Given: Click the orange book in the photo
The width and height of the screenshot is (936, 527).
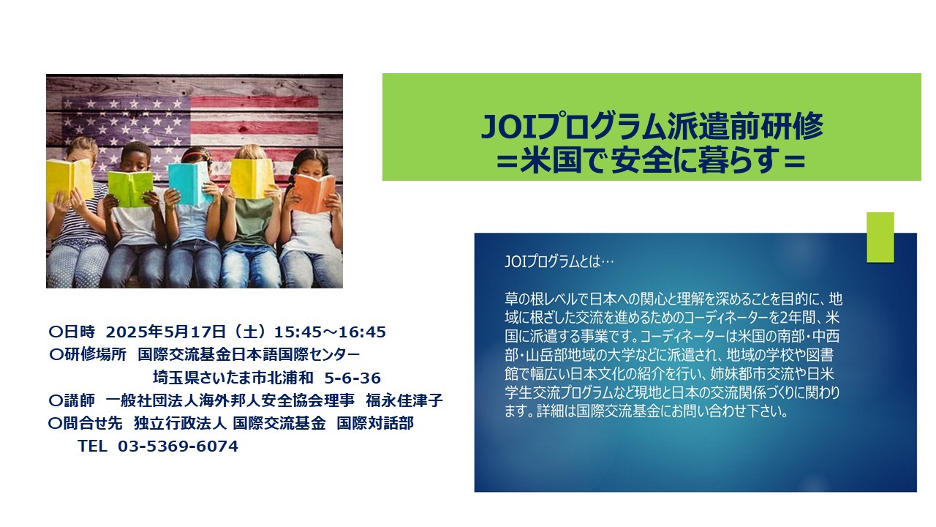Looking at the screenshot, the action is point(314,193).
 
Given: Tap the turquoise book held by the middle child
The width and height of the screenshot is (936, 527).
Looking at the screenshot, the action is point(189,183).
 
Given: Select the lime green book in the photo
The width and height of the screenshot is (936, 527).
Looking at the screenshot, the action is point(130,189).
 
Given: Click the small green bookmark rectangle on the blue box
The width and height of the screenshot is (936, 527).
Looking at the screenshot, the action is point(880,237).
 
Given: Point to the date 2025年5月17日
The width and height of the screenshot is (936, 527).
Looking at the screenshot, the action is point(166,332).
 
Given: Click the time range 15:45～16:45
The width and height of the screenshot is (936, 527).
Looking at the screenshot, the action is point(330,332).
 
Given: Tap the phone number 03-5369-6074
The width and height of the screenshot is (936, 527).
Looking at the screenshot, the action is point(178,446).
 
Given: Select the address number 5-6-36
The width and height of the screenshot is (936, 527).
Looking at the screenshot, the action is point(352,378).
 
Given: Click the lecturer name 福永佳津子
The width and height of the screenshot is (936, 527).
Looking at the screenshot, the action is point(404,400).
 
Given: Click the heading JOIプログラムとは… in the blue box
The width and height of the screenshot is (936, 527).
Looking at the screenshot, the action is point(559,262).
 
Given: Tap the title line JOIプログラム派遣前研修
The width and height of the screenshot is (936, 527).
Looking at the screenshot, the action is point(652,126).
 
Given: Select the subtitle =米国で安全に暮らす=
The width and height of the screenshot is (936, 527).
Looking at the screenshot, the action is point(651,160).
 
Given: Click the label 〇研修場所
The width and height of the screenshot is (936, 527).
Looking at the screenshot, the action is point(87,355).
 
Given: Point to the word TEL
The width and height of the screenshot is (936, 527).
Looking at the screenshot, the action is point(92,446).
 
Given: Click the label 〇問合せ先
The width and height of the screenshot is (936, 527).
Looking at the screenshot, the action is point(86,423).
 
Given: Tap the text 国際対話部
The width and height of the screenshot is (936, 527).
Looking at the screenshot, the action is point(375,423).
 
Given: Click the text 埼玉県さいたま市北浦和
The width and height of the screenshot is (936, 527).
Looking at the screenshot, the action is point(233,378).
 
